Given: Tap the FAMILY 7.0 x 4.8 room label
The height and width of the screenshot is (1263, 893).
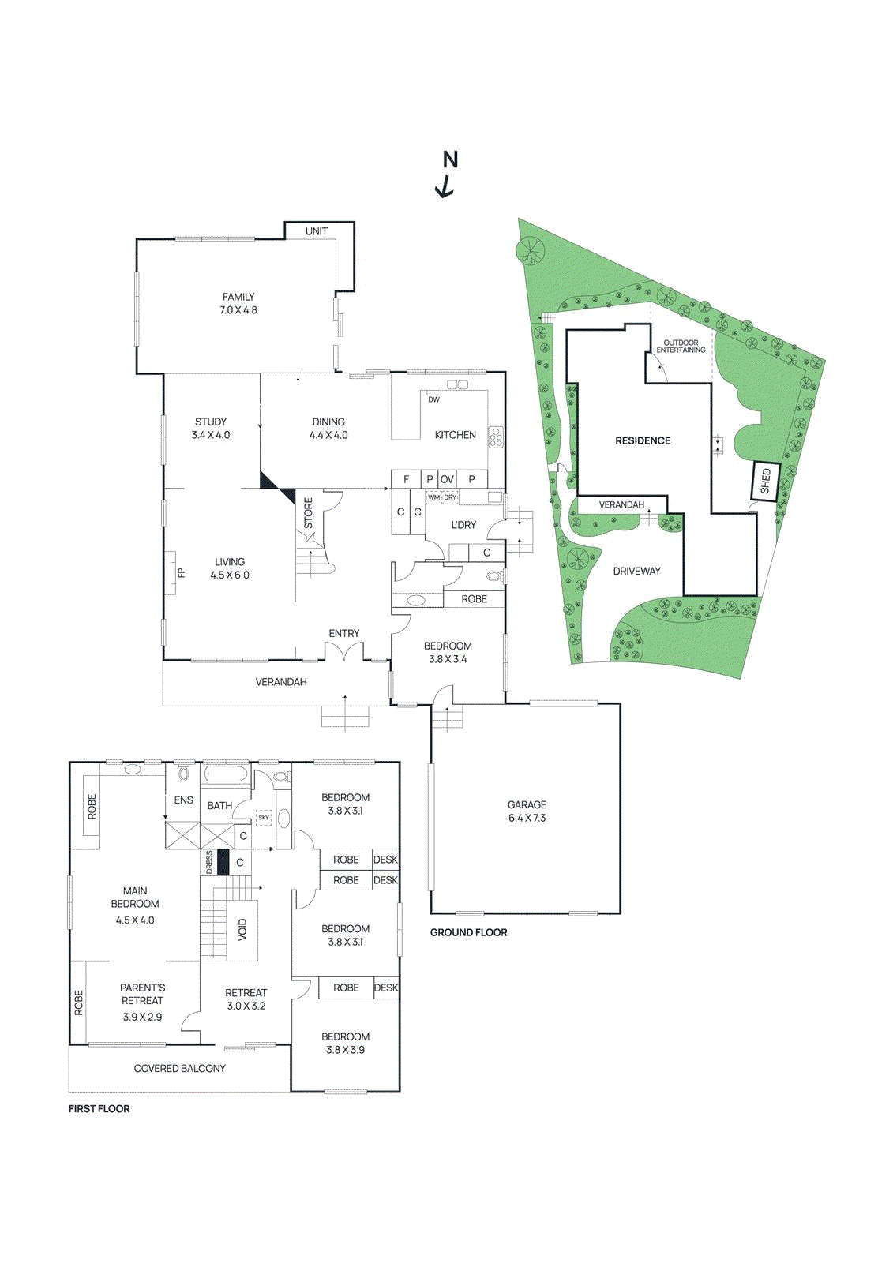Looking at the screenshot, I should point(238,304).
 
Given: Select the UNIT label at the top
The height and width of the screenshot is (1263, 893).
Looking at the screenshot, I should point(317,231).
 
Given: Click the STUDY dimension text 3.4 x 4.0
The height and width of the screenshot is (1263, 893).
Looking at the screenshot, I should point(211,435).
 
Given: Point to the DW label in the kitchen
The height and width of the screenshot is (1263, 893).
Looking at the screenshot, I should point(433,399).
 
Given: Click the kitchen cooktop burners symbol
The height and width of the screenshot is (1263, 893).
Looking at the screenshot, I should point(496,437).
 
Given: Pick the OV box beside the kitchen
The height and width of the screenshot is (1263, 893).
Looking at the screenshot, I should point(447,479).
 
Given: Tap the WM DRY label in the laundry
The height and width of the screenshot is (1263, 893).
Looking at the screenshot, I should point(442,497).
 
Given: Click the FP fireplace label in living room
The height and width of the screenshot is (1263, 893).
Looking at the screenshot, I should point(181,573).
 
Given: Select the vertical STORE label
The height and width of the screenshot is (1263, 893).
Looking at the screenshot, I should point(309,513).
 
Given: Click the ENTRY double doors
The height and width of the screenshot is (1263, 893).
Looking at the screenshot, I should point(344,652).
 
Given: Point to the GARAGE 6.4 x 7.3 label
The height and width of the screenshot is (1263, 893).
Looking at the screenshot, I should point(527,811).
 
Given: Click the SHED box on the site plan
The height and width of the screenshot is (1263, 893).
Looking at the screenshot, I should point(764,481).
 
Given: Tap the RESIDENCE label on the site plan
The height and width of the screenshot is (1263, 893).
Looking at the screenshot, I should point(643,441).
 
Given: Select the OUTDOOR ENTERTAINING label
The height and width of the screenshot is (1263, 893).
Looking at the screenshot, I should point(681,347).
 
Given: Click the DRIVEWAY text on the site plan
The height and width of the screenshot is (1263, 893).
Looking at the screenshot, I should point(636,572).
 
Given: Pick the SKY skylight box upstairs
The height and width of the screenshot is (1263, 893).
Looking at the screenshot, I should point(264,818).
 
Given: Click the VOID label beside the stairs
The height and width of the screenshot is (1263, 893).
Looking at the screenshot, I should point(242,929).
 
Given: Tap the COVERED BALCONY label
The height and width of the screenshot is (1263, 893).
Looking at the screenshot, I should point(179,1069).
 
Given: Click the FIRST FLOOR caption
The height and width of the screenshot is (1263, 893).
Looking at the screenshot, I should point(99,1109).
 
